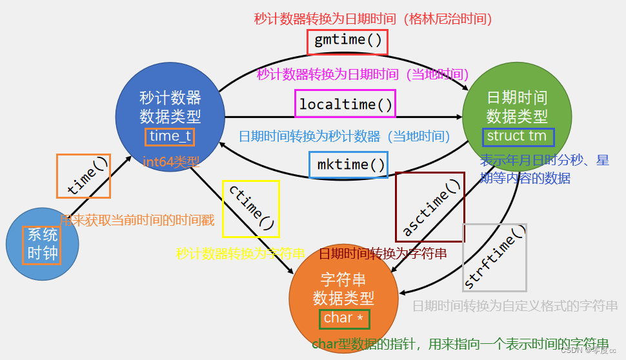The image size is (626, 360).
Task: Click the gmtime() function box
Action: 347,42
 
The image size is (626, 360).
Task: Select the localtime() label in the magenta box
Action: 345,104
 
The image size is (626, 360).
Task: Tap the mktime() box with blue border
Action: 348,165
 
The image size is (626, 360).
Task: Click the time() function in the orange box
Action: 84,176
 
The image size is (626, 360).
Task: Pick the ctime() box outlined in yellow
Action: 250,208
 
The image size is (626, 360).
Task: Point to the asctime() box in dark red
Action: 430,207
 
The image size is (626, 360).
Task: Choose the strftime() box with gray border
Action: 494,257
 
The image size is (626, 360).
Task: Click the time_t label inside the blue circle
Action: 170,136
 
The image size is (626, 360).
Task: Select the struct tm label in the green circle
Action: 517,136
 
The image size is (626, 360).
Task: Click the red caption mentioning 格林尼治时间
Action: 373,19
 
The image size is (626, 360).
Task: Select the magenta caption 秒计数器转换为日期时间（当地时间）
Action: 363,74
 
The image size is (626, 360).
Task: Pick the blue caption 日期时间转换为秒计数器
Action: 345,136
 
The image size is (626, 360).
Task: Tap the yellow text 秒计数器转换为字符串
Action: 241,254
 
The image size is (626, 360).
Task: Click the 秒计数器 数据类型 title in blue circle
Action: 170,107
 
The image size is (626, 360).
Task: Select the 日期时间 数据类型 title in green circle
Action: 517,107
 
